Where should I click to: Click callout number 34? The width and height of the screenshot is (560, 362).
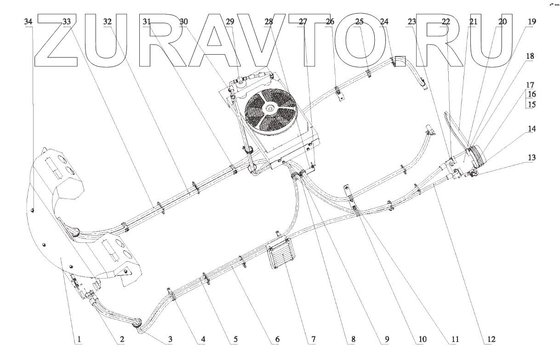29,22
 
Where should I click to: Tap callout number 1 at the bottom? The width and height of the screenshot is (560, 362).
79,340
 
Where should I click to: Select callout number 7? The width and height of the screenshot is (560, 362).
313,340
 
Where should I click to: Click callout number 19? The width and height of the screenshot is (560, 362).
531,22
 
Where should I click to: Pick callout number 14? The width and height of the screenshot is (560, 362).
531,130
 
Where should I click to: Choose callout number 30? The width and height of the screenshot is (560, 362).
184,22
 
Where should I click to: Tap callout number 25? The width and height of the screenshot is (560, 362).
359,22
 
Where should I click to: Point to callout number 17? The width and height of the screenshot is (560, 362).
531,85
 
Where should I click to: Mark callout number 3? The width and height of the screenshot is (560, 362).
170,340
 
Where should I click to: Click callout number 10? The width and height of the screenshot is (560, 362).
422,340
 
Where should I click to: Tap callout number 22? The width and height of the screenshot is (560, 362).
445,22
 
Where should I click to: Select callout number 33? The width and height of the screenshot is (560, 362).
67,22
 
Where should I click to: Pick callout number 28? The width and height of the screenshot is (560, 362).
269,22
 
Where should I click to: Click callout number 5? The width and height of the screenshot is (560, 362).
235,340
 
